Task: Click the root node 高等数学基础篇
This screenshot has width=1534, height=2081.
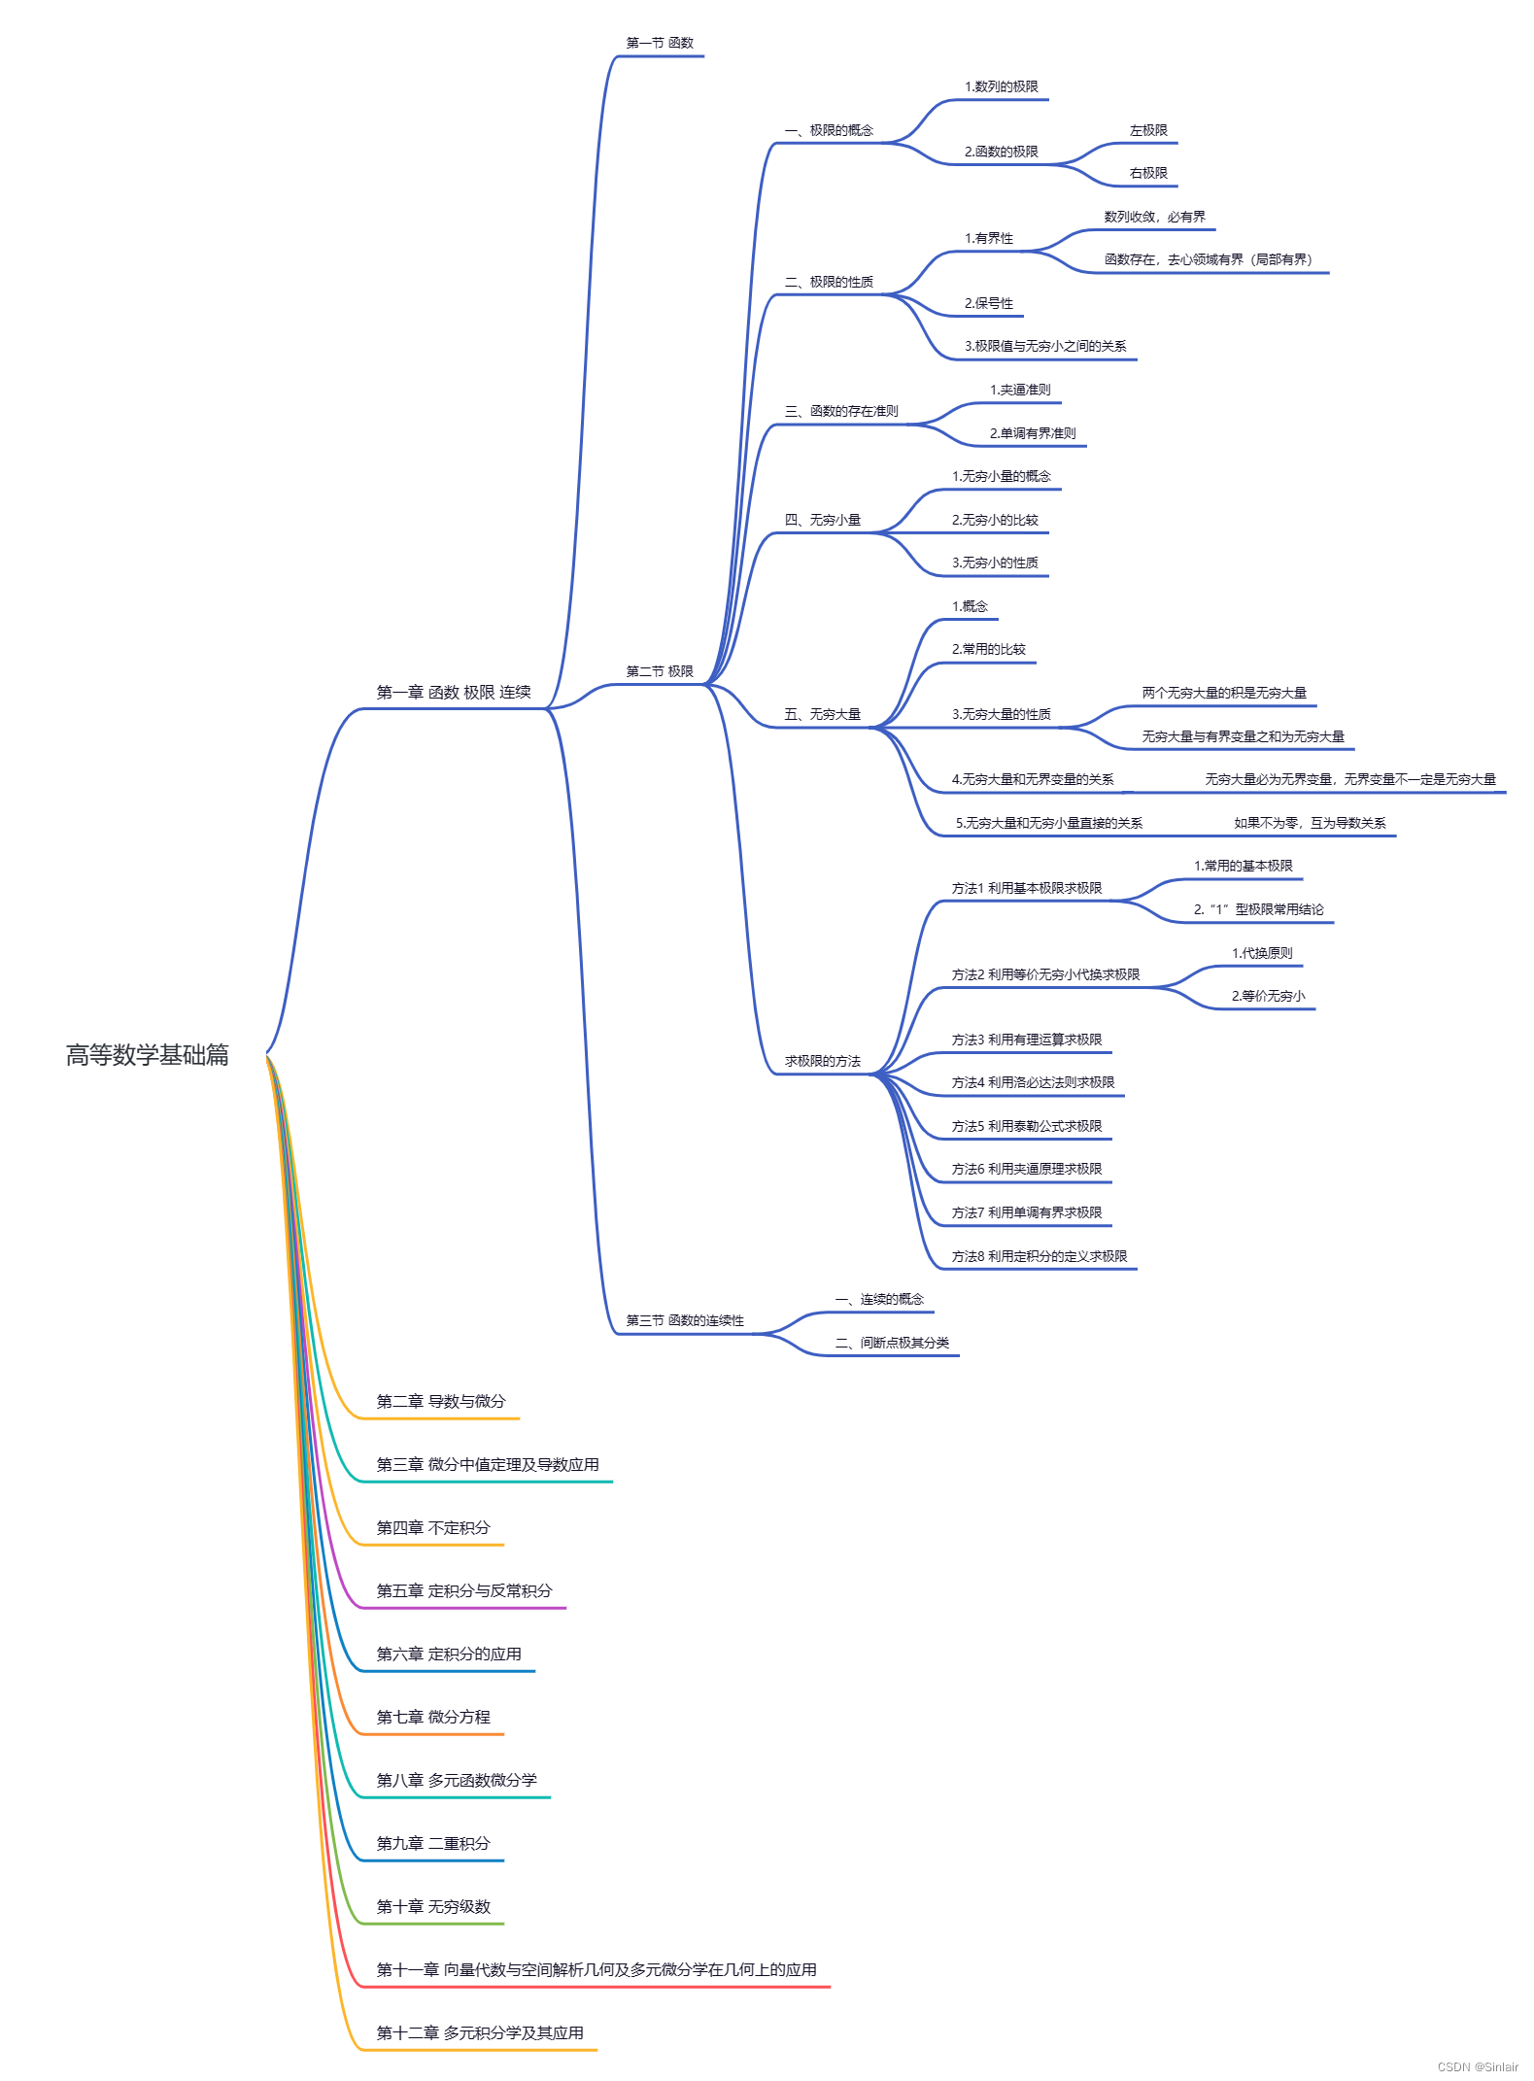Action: pyautogui.click(x=147, y=1054)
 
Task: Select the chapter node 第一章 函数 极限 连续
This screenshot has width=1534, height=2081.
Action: pyautogui.click(x=454, y=693)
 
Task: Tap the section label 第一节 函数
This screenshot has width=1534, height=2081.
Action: pyautogui.click(x=660, y=43)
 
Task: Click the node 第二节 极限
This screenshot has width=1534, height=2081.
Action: pyautogui.click(x=660, y=671)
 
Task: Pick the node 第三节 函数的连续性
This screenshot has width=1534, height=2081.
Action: pyautogui.click(x=685, y=1320)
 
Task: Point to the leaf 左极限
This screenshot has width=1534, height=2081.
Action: pyautogui.click(x=1148, y=130)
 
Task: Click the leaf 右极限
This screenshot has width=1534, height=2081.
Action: pyautogui.click(x=1148, y=173)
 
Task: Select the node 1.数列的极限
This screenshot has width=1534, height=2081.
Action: pyautogui.click(x=1001, y=86)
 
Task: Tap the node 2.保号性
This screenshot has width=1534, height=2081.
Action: pyautogui.click(x=988, y=303)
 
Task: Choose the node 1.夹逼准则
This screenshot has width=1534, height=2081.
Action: pyautogui.click(x=1020, y=390)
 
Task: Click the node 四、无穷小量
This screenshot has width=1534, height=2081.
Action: pyautogui.click(x=822, y=520)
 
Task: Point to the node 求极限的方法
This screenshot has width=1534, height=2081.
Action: pyautogui.click(x=822, y=1061)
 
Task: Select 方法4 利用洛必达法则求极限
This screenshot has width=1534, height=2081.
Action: pyautogui.click(x=1033, y=1082)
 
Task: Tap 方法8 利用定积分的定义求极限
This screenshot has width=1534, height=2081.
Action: pyautogui.click(x=1039, y=1256)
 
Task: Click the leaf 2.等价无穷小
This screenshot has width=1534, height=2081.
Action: pyautogui.click(x=1268, y=996)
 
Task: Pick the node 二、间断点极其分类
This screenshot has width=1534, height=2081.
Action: pyautogui.click(x=892, y=1343)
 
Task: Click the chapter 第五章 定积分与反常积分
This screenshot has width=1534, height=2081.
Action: pyautogui.click(x=463, y=1590)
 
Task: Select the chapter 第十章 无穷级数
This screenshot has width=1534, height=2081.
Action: pyautogui.click(x=433, y=1906)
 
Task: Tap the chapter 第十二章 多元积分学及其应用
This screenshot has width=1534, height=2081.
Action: pyautogui.click(x=480, y=2032)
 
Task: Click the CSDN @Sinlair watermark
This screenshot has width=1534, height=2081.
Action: pyautogui.click(x=1477, y=2066)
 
